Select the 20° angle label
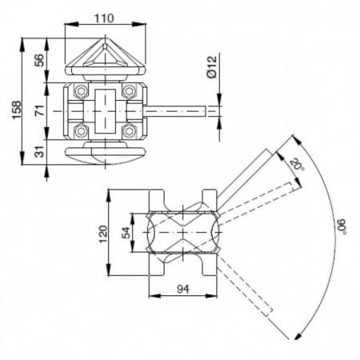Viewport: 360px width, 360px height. (x=297, y=166)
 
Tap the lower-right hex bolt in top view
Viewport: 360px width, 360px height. (x=129, y=128)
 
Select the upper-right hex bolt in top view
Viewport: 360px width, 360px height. (x=129, y=93)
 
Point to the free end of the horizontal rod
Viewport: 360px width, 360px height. (x=218, y=110)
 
